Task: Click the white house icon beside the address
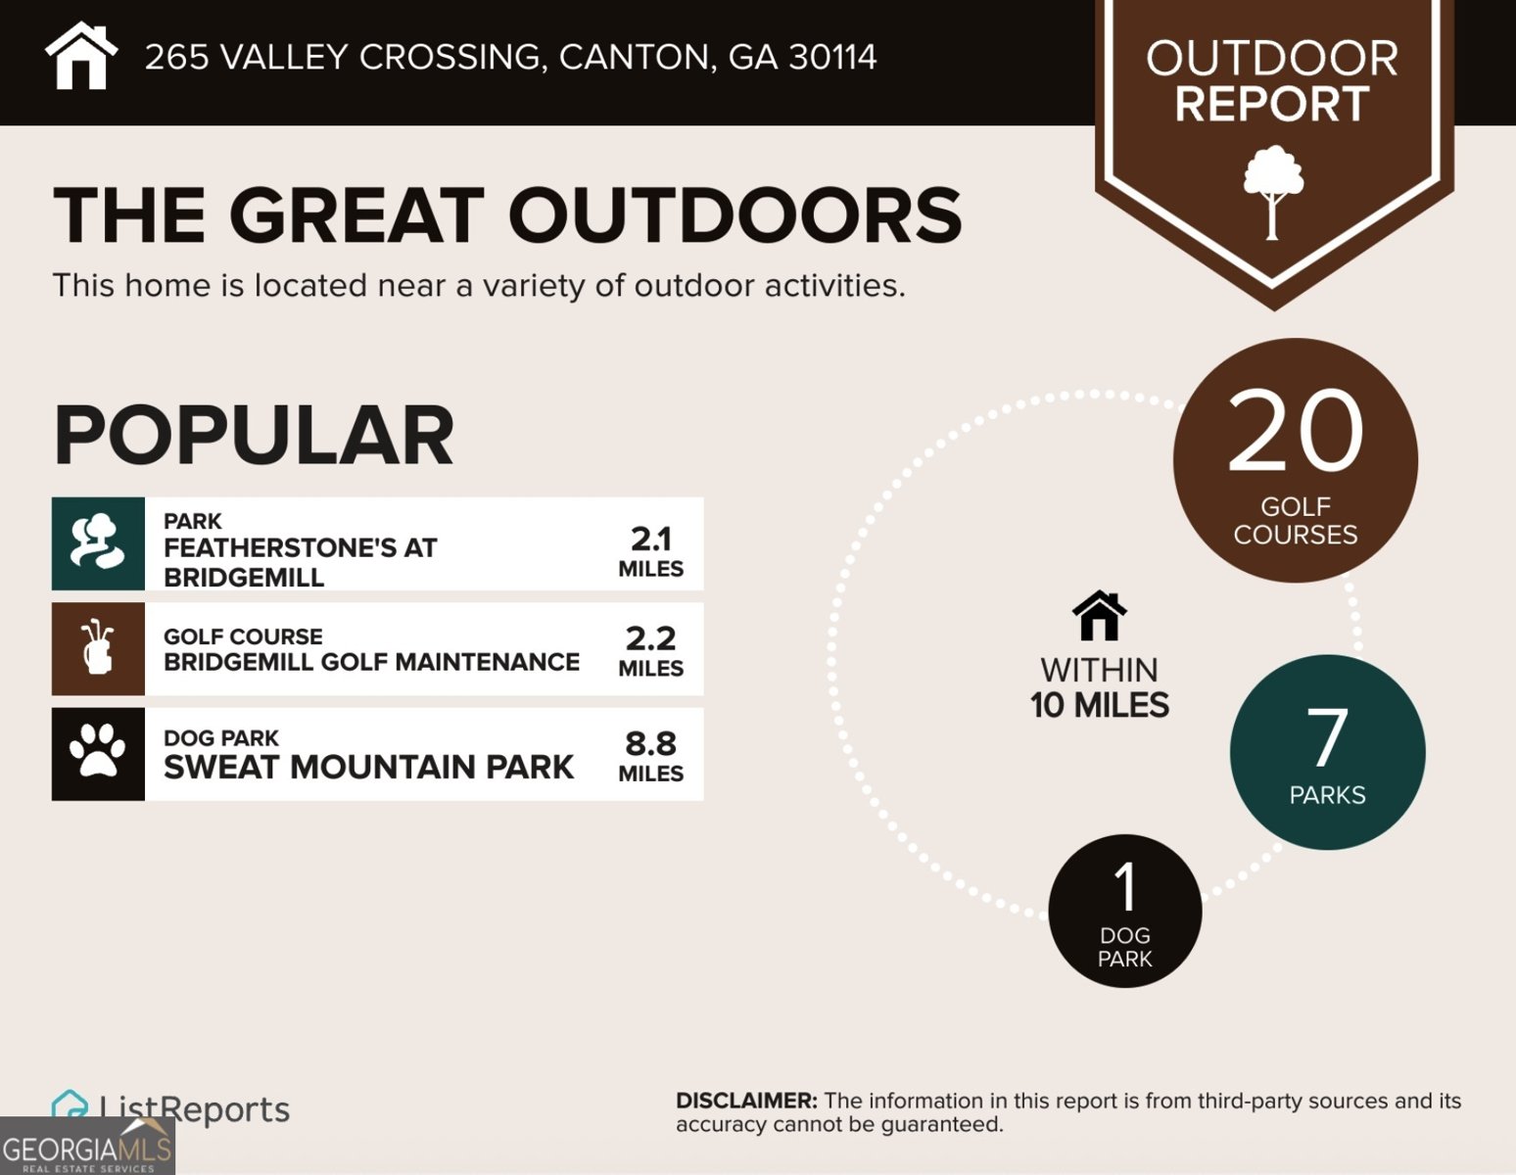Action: click(x=81, y=56)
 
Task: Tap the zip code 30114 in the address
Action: click(x=832, y=57)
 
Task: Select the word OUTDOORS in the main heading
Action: click(x=734, y=214)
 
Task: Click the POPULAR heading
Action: click(x=254, y=436)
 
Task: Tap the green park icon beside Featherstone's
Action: click(x=98, y=543)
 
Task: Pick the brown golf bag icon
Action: click(x=98, y=648)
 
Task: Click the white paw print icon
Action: click(x=98, y=752)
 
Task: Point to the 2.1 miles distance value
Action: click(x=651, y=550)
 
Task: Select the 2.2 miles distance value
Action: click(x=651, y=650)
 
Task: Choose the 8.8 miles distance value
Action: click(x=651, y=755)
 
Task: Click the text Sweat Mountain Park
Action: click(x=368, y=767)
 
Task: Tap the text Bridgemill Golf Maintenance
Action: click(x=371, y=662)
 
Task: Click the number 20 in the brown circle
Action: click(x=1295, y=430)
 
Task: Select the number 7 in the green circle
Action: click(x=1327, y=737)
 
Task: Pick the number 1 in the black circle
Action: click(x=1125, y=887)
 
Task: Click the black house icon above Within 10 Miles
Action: click(x=1099, y=616)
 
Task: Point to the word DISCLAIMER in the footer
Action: click(x=745, y=1101)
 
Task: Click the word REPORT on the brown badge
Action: click(x=1272, y=104)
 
